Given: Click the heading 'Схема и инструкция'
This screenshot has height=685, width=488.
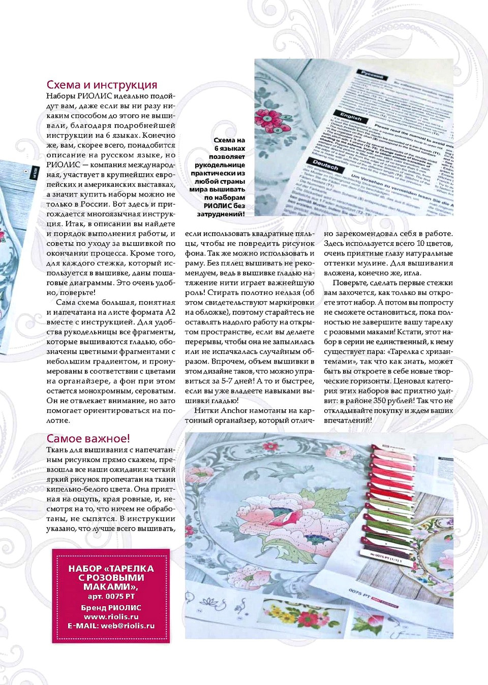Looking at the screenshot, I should click(102, 85).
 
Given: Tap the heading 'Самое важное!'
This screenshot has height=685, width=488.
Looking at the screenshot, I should click(88, 438).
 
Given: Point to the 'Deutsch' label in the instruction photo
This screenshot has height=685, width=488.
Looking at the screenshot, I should click(325, 166).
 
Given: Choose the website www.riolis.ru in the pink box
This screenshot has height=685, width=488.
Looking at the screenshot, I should click(111, 616).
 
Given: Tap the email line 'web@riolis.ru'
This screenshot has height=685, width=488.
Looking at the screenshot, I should click(111, 626).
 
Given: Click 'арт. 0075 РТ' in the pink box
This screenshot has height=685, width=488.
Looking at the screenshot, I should click(111, 596).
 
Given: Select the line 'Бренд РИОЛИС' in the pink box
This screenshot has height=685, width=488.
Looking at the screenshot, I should click(111, 607).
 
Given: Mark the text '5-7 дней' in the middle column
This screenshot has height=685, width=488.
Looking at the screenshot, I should click(237, 381).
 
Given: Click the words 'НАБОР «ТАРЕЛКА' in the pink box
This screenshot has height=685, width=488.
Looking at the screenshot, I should click(111, 569).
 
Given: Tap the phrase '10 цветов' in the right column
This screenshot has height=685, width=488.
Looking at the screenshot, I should click(436, 243).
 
